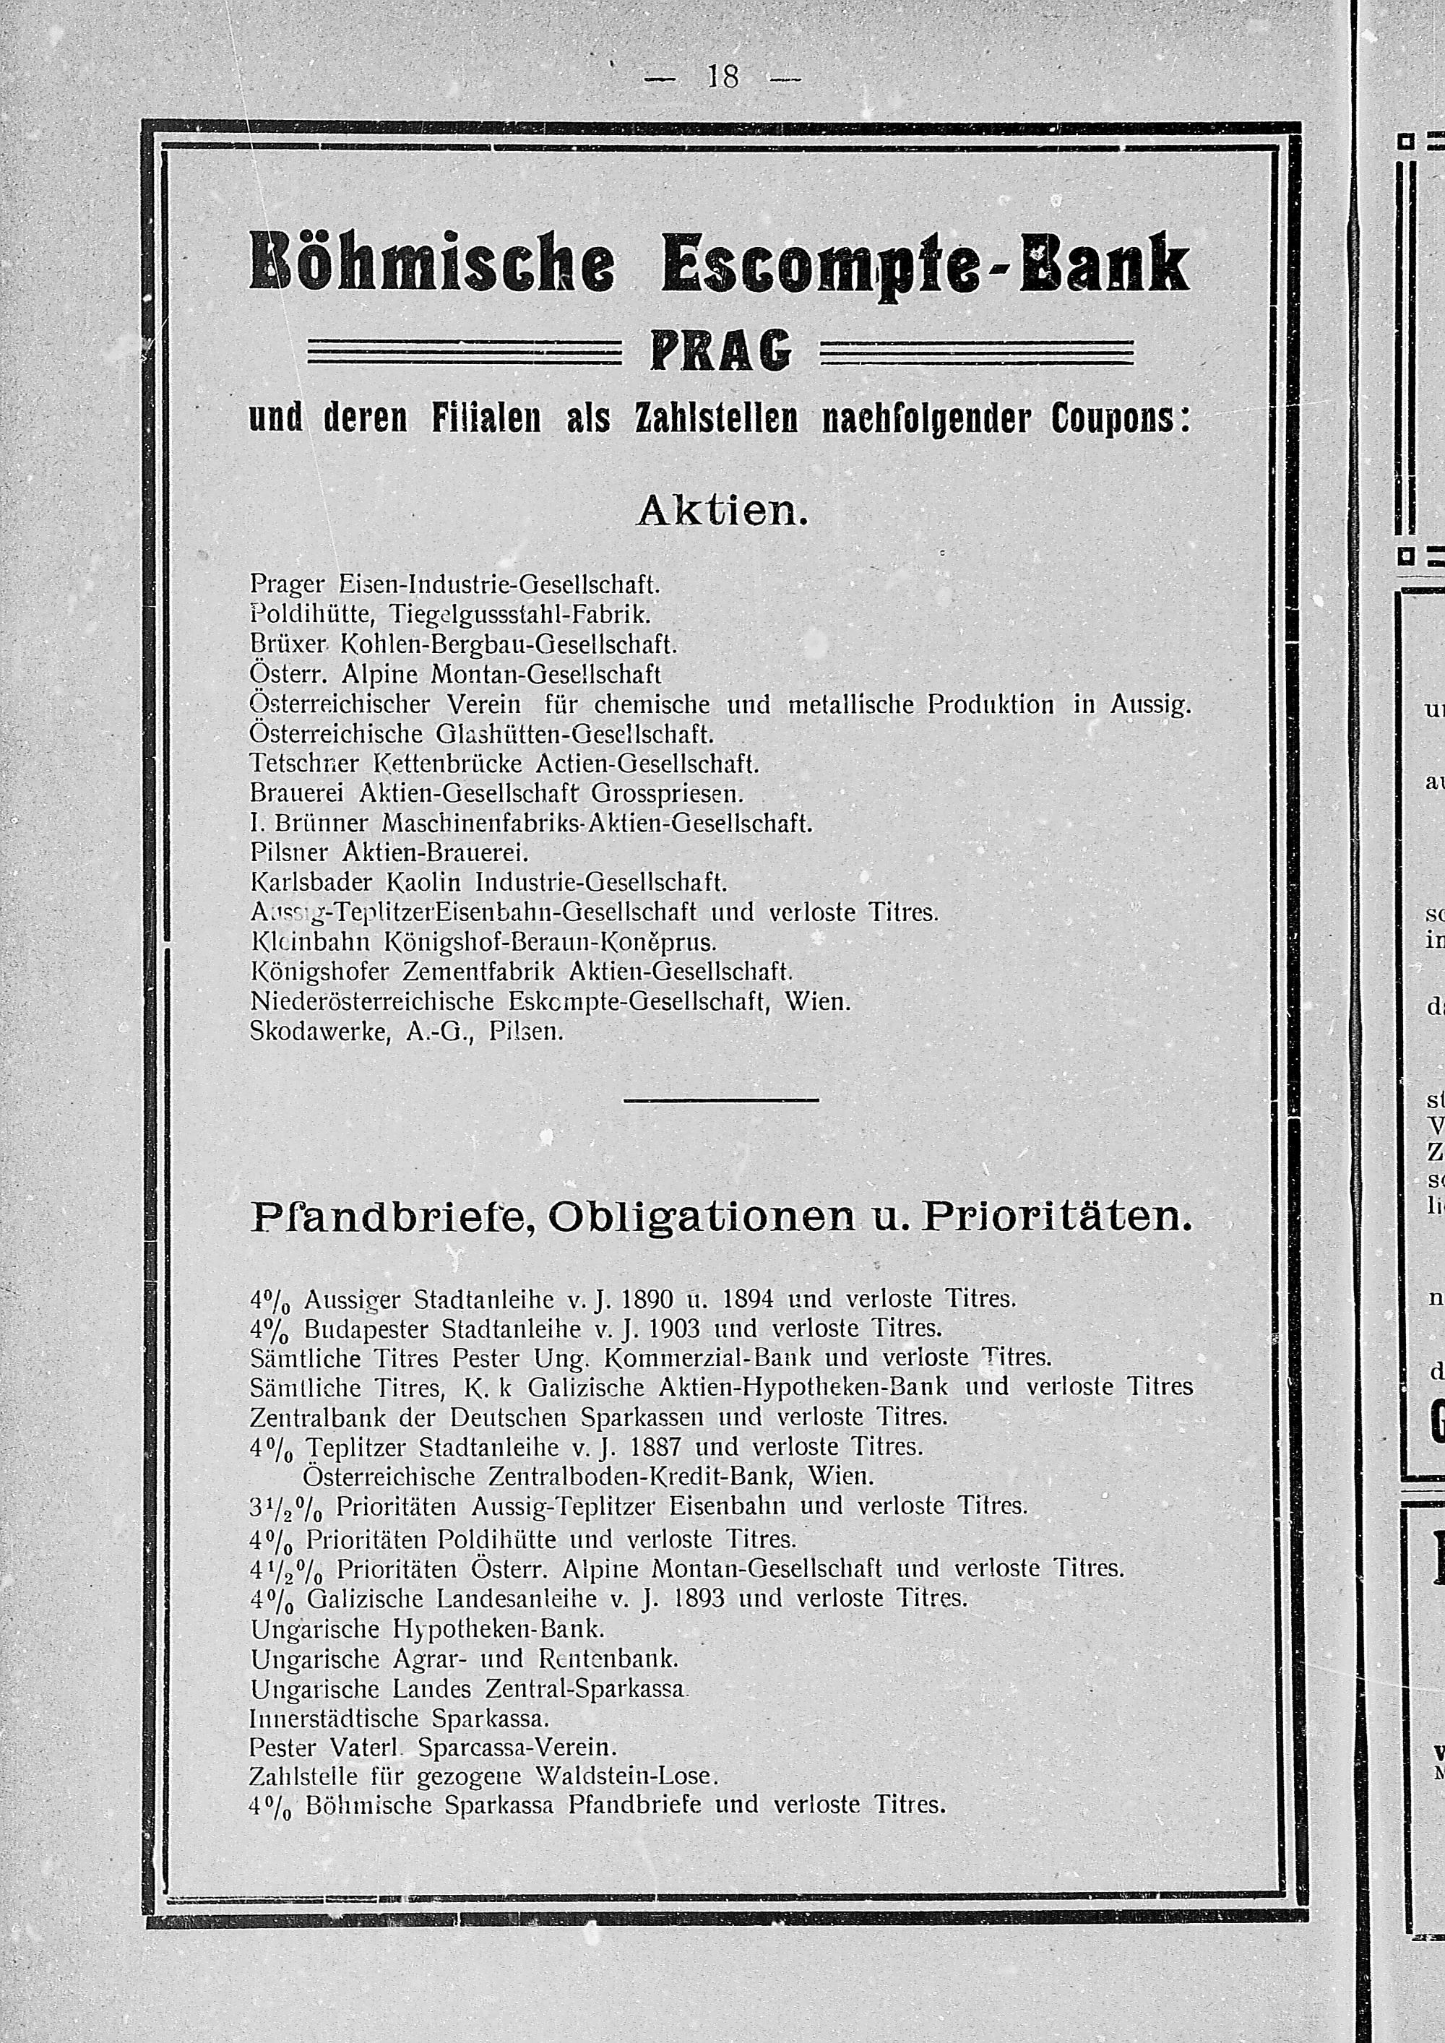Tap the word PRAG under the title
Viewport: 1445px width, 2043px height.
(722, 353)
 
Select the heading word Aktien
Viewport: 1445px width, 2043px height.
(722, 511)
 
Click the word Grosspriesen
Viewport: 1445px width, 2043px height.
(666, 792)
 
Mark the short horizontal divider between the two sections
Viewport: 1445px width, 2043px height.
(722, 1102)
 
